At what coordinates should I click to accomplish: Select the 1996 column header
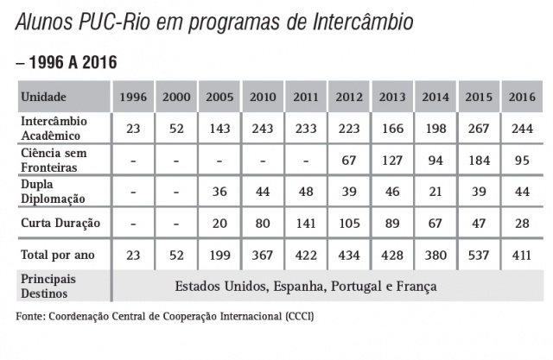(133, 97)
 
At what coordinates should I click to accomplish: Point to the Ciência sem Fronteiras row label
(53, 159)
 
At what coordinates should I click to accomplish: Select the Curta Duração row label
(60, 223)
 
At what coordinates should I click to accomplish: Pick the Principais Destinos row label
(50, 286)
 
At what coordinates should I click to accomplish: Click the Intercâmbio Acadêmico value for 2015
(479, 129)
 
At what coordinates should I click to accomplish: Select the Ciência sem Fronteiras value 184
(479, 160)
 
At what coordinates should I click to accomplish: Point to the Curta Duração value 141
(306, 223)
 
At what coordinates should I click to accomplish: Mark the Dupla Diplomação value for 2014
(435, 191)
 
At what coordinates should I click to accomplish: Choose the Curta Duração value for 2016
(522, 223)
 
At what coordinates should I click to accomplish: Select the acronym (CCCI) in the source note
(295, 317)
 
